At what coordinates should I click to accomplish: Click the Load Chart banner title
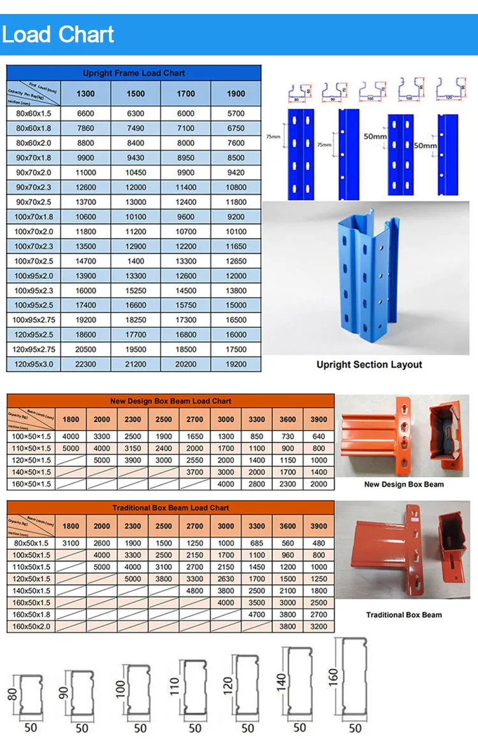click(58, 34)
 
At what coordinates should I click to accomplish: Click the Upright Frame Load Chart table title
click(134, 73)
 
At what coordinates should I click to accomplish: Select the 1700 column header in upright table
click(185, 94)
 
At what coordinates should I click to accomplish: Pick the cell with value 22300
click(85, 364)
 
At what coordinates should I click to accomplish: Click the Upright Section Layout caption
click(369, 365)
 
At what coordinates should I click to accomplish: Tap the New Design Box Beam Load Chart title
click(171, 401)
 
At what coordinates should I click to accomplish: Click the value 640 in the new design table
click(319, 437)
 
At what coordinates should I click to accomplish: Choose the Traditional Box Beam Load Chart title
click(171, 508)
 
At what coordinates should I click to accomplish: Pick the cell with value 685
click(257, 544)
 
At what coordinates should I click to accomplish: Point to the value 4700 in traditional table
click(257, 614)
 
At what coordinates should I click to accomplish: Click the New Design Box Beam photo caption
click(403, 484)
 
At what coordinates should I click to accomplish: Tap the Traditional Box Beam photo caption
click(403, 615)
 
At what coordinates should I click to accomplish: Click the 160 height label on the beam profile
click(333, 676)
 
